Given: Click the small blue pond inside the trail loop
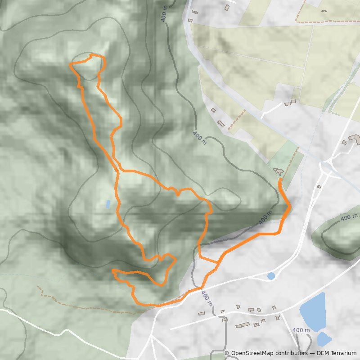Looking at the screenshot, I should (x=108, y=204).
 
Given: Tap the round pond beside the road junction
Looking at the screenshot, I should (x=271, y=276).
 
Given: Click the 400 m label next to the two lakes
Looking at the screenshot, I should (x=301, y=330).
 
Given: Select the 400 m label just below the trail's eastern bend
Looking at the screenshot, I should (x=265, y=217).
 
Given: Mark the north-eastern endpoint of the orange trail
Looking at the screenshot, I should (x=280, y=180).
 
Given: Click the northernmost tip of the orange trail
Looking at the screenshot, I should (x=92, y=55).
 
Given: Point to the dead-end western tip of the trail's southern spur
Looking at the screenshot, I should (x=112, y=271).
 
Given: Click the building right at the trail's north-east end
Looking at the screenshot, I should (x=278, y=171).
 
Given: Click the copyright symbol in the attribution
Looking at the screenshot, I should (x=227, y=353).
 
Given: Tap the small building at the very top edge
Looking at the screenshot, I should (x=227, y=7).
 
